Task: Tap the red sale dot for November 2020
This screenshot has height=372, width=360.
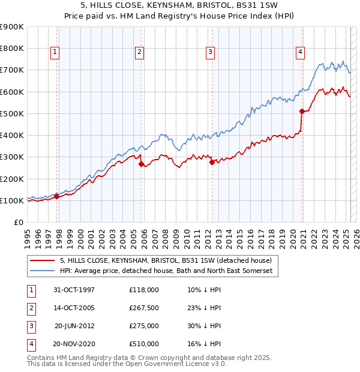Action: pyautogui.click(x=301, y=111)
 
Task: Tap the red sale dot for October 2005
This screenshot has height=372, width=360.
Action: pyautogui.click(x=141, y=164)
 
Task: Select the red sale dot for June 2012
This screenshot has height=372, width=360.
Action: pyautogui.click(x=212, y=162)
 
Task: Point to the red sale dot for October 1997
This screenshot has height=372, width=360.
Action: pyautogui.click(x=56, y=196)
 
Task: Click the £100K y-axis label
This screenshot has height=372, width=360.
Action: pyautogui.click(x=11, y=200)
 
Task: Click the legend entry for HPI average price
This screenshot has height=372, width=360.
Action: pyautogui.click(x=166, y=271)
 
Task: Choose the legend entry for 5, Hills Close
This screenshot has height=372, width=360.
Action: pyautogui.click(x=166, y=260)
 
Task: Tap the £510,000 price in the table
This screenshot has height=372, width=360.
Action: pyautogui.click(x=144, y=344)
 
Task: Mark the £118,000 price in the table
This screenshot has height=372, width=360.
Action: pyautogui.click(x=144, y=290)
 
